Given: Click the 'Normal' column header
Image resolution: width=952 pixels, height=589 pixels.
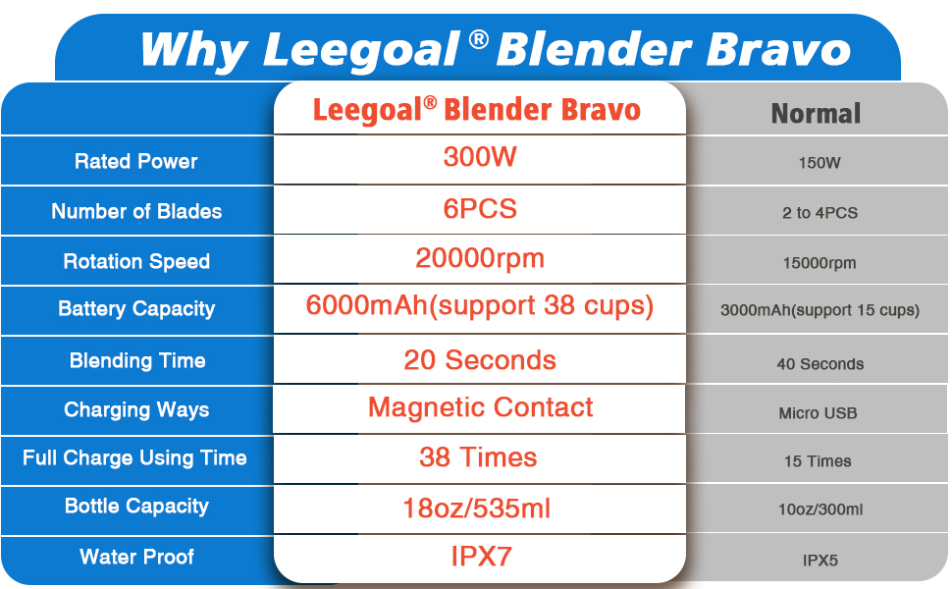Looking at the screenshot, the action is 816,114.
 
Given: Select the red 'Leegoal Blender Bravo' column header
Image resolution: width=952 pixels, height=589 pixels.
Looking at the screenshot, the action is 477,110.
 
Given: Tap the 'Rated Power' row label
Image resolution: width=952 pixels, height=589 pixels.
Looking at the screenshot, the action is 136,162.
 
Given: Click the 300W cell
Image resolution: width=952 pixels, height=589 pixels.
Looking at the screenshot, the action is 480,157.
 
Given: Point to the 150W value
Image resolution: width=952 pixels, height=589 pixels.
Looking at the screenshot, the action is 820,163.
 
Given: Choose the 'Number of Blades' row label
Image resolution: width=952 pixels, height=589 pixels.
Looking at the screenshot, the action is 136,211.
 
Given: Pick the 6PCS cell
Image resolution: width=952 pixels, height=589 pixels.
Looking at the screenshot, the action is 480,209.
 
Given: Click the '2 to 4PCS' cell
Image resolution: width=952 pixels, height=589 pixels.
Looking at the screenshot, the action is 820,213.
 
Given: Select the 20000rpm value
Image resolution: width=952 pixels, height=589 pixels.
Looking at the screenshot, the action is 480,259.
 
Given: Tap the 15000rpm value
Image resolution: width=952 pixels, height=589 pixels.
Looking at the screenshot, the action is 820,263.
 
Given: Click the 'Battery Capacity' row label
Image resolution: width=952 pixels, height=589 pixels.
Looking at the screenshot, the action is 136,309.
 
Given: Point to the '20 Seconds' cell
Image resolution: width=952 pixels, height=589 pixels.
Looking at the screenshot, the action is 480,360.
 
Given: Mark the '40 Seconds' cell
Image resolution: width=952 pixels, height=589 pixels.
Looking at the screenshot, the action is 820,364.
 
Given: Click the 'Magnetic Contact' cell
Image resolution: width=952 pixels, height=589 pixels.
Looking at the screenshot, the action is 480,407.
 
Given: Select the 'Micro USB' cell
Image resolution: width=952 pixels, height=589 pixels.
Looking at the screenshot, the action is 818,413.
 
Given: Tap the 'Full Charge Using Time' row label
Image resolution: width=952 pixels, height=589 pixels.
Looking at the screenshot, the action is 134,458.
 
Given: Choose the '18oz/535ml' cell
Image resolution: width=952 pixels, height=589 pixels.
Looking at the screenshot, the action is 477,509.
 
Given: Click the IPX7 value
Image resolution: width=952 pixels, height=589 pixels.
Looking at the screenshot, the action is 482,557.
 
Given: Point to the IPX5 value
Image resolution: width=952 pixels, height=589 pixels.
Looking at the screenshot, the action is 820,560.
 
